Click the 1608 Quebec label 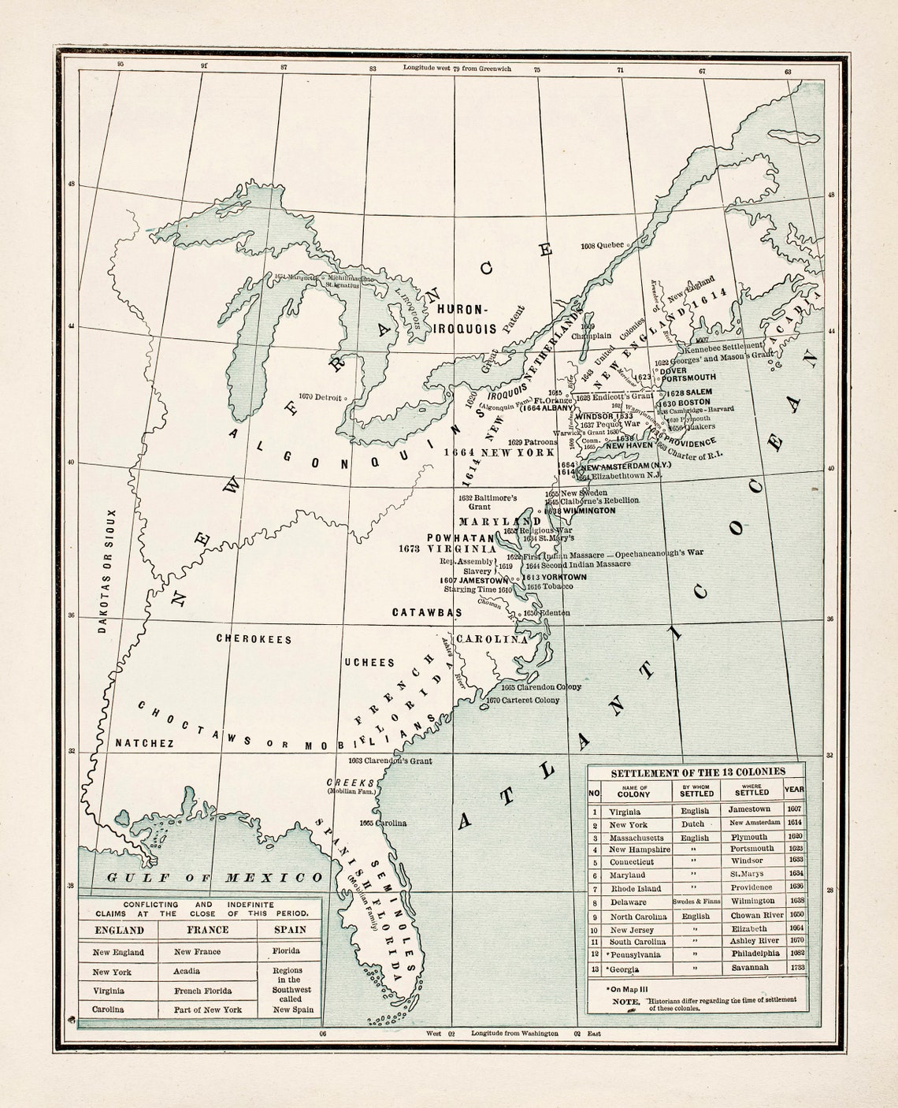(x=601, y=246)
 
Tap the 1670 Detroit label (x=321, y=397)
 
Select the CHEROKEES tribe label (x=254, y=639)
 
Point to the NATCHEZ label (x=144, y=743)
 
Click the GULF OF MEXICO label (x=215, y=878)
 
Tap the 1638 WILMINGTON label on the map (x=580, y=511)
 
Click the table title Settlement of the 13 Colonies (x=698, y=772)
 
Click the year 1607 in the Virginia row (x=794, y=809)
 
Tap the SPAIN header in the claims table (x=290, y=930)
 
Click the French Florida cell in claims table (x=202, y=991)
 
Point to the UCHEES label (x=369, y=662)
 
